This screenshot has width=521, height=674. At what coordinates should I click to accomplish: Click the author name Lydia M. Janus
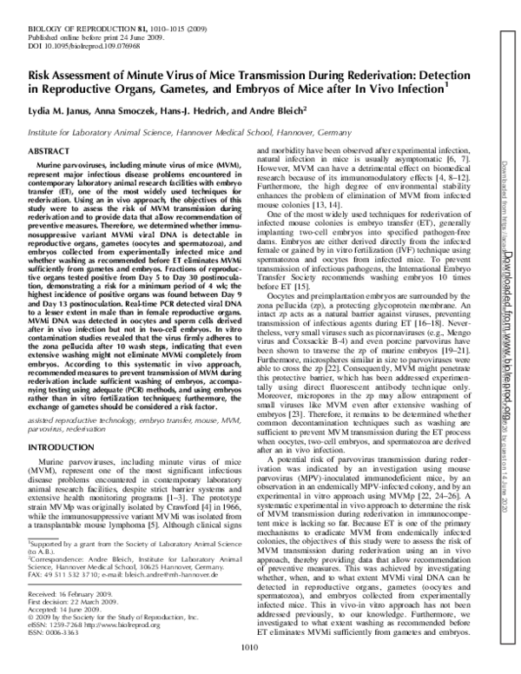tap(63, 112)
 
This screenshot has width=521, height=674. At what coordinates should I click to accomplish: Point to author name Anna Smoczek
tap(140, 112)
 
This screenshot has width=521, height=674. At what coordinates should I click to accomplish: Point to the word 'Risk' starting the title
tap(41, 74)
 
